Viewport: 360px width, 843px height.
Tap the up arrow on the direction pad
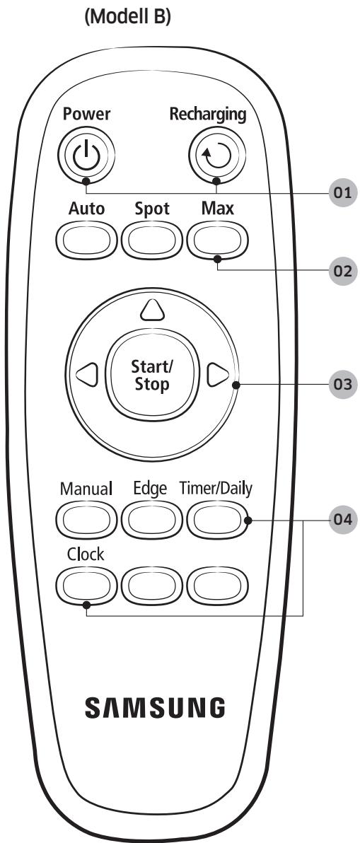tap(150, 310)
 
